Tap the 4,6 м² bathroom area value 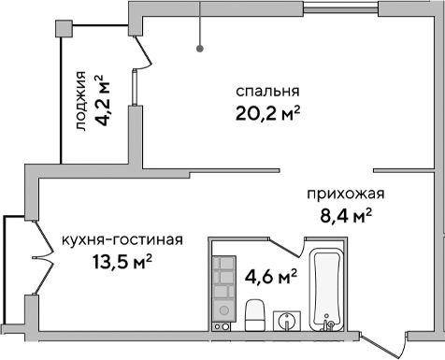(x=270, y=276)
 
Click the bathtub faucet (x=328, y=324)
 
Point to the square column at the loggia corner (x=64, y=28)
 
